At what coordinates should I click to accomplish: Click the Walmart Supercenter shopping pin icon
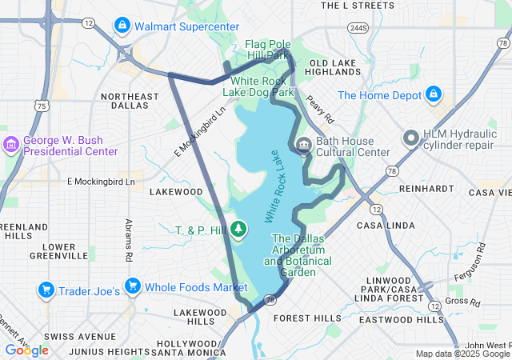coord(122,26)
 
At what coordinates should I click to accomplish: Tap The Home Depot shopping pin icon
coord(434,95)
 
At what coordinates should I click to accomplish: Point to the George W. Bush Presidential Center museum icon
coord(11,144)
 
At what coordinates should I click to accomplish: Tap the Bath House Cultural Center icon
coord(303,146)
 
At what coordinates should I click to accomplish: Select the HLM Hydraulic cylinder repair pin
coord(411,138)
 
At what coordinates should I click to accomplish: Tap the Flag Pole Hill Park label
coord(266,50)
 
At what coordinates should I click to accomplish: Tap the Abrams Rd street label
coord(128,240)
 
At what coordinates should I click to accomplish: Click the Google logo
coord(26,350)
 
